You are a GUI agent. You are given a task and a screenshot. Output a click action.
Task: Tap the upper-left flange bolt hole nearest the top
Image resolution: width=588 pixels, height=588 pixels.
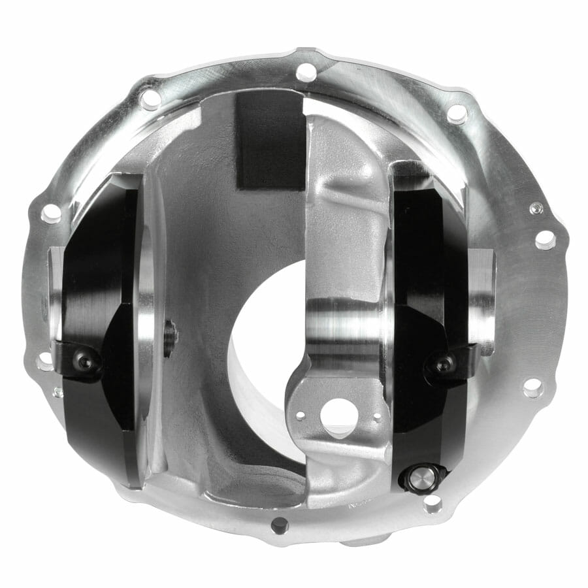coord(150,99)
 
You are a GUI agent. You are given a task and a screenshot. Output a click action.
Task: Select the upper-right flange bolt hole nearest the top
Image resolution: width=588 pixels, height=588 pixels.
coord(457,113)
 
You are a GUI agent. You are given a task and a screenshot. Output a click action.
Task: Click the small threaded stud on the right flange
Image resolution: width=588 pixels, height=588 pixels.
coord(536,208)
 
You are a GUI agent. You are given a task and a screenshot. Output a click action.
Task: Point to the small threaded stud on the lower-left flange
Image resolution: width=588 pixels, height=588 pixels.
coord(58,392)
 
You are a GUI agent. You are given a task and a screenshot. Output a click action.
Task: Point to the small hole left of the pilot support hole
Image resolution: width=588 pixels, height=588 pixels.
coord(300,415)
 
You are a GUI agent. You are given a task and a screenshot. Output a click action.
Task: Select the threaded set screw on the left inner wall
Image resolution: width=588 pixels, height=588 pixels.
coord(171,338)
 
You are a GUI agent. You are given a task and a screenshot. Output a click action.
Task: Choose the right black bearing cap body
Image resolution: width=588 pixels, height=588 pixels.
coord(425,274)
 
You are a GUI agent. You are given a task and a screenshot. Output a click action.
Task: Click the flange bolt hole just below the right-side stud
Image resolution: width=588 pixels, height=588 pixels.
coord(545,240)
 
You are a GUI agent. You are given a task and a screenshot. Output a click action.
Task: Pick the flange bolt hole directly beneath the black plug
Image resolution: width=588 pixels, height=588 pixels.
coord(432,504)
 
